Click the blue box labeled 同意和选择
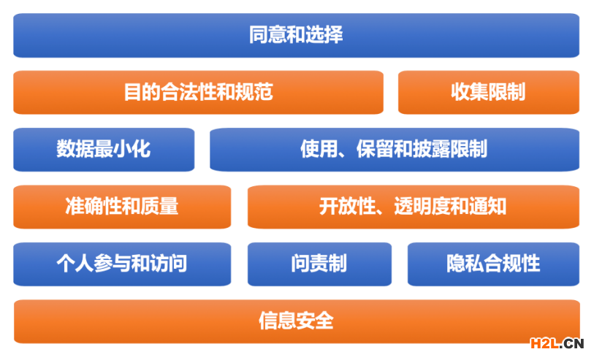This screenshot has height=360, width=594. coord(296,35)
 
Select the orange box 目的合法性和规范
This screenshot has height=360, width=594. coord(198,92)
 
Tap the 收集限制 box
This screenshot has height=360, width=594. coord(489,92)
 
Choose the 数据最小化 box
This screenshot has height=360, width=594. coord(104,150)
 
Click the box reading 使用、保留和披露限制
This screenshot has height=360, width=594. coord(395,150)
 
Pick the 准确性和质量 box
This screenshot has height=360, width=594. coord(122,207)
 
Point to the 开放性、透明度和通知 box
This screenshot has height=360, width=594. coord(414,207)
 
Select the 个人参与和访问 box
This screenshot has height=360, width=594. coord(122,264)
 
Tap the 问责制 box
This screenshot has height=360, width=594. coord(319,264)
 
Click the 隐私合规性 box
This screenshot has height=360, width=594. coord(493,264)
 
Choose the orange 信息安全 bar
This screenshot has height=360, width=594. coord(297,321)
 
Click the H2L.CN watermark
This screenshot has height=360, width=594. coord(557,343)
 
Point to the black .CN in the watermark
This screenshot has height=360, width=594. coord(571,343)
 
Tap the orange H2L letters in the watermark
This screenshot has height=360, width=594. coord(544,343)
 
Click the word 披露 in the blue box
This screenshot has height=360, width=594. coord(431,149)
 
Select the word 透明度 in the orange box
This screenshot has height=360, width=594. coord(422,207)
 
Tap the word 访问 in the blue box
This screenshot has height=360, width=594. coord(169,264)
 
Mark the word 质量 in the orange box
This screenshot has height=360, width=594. coord(159,207)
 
